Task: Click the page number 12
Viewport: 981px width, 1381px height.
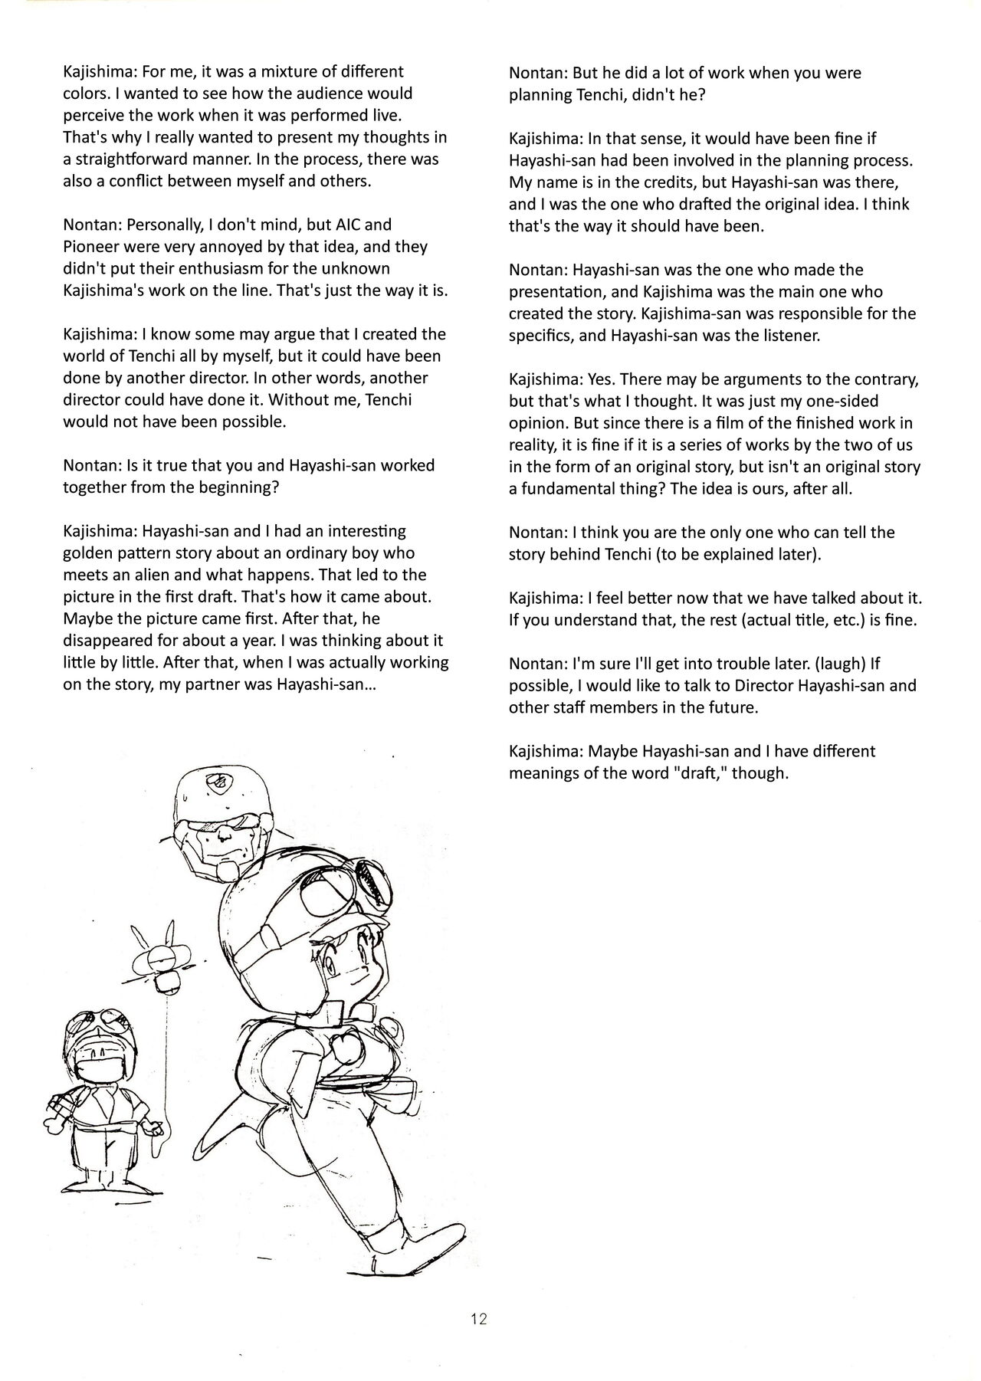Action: coord(480,1319)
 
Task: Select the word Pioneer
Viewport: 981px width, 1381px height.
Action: coord(92,247)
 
